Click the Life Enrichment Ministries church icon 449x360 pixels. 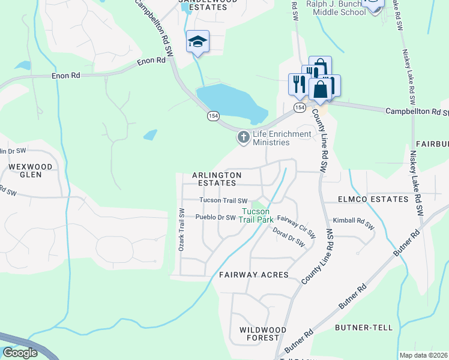pos(244,138)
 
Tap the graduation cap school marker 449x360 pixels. pos(197,41)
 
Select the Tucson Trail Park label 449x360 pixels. pos(256,215)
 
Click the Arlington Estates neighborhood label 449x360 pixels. pos(217,179)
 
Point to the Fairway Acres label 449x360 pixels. pos(253,275)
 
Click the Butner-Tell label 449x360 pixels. pos(364,328)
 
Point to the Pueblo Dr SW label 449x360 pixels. pos(215,217)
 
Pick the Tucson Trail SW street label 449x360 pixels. pos(223,201)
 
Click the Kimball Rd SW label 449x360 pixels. pos(354,220)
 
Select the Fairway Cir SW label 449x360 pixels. pos(297,228)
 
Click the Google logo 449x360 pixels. pos(20,353)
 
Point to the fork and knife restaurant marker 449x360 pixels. pos(297,83)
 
